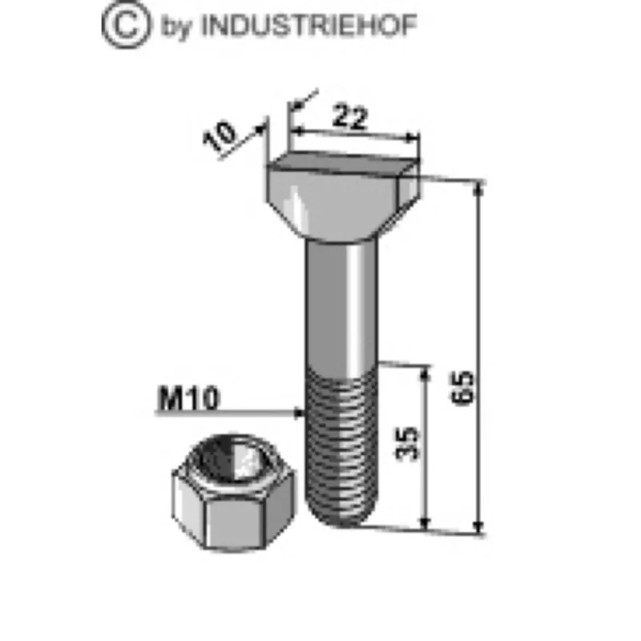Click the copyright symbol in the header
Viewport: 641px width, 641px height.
pyautogui.click(x=126, y=25)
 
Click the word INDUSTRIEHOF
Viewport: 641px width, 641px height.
pyautogui.click(x=309, y=26)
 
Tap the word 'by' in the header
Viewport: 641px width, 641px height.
pyautogui.click(x=176, y=27)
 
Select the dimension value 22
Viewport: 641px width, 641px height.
pyautogui.click(x=350, y=116)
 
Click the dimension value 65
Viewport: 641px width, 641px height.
pyautogui.click(x=463, y=388)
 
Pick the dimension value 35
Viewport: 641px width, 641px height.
pyautogui.click(x=408, y=444)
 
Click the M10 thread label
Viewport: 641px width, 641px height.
pyautogui.click(x=189, y=398)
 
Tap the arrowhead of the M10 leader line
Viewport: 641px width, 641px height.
pyautogui.click(x=300, y=413)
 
